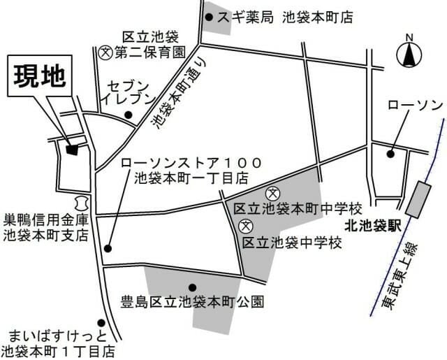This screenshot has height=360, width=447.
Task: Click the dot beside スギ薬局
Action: coord(208,16)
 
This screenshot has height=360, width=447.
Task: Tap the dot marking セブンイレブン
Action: coord(128,115)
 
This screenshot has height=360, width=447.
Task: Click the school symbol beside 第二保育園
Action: coord(105,51)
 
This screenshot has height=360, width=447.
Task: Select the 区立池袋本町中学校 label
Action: coord(298,209)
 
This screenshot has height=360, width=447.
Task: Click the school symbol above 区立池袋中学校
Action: coord(244,226)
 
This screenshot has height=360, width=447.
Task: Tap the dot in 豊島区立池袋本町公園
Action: coord(192,287)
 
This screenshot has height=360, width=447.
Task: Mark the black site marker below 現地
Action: coord(71,148)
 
